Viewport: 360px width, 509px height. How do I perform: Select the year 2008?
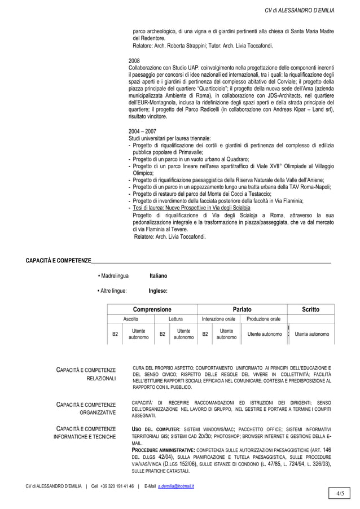[x=135, y=60]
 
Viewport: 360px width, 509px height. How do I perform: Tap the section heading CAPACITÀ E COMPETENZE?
[x=55, y=260]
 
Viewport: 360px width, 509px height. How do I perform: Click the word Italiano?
[x=158, y=276]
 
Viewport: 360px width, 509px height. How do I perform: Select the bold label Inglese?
[x=158, y=291]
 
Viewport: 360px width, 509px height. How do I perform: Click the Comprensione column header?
[x=152, y=309]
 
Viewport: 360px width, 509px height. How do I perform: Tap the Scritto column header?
[x=310, y=309]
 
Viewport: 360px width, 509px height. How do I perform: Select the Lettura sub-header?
[x=175, y=319]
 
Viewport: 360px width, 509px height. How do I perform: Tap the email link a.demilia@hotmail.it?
[x=176, y=486]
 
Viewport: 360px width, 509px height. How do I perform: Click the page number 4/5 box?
[x=340, y=495]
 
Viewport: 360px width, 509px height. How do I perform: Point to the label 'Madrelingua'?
[x=115, y=276]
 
